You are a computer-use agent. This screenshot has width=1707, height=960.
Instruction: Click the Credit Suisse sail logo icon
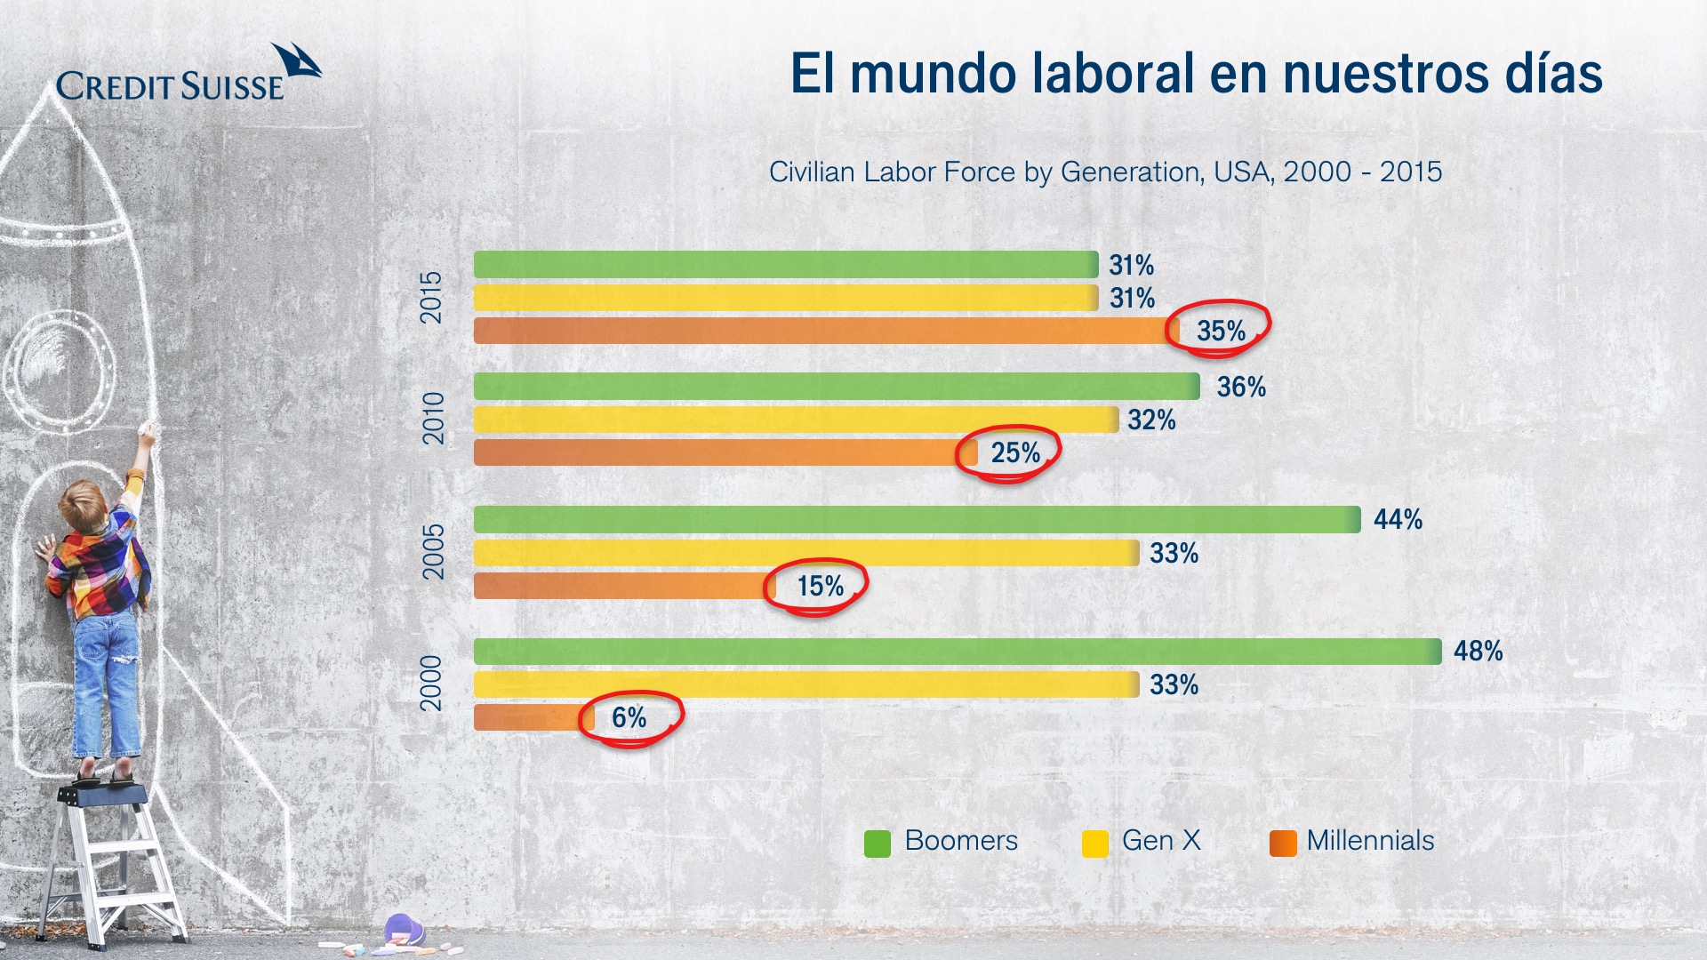(x=297, y=61)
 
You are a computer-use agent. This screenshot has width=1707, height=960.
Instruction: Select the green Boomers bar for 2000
(x=957, y=652)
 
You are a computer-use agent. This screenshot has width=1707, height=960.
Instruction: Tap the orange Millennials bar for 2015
(x=820, y=331)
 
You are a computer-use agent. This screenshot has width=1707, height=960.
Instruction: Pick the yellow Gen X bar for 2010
(x=796, y=420)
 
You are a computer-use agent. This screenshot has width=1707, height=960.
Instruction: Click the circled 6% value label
(x=629, y=717)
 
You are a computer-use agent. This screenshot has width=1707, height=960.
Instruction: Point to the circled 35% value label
(x=1221, y=331)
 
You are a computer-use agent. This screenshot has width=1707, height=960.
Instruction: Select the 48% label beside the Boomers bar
(x=1478, y=652)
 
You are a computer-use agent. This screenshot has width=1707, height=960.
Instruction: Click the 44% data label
(x=1398, y=519)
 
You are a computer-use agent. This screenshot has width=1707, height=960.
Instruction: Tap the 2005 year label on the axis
(x=432, y=552)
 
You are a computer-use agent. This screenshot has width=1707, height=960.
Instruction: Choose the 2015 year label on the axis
(x=431, y=298)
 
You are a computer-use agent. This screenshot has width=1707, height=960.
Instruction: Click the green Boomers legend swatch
(x=878, y=843)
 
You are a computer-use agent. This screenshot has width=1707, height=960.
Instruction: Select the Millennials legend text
(x=1370, y=841)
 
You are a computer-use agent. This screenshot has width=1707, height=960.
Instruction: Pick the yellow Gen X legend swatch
(x=1094, y=843)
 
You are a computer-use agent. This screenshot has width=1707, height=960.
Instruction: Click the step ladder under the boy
(x=112, y=862)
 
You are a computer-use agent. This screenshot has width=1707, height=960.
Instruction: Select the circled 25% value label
(x=1015, y=453)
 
